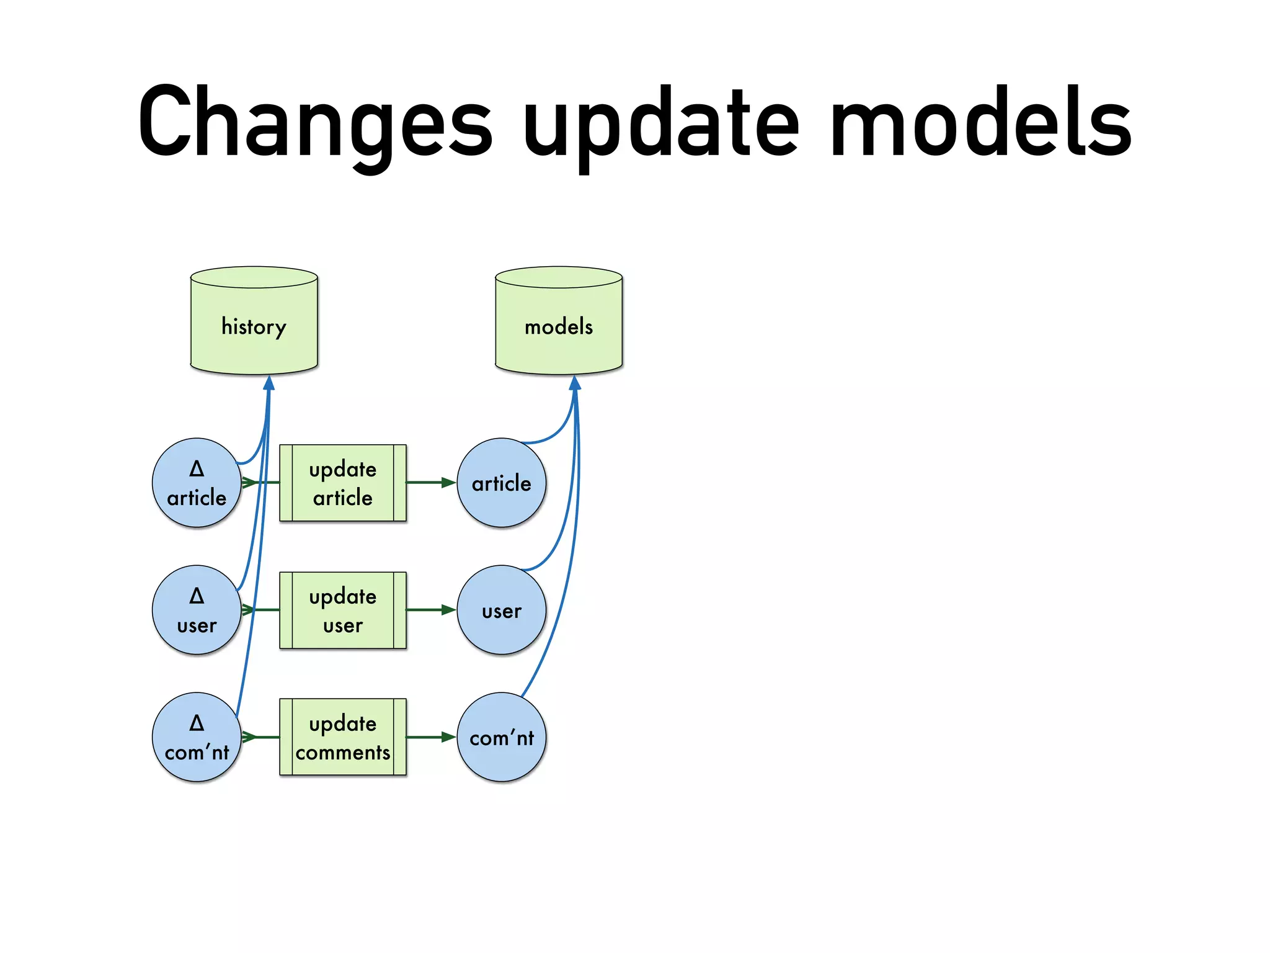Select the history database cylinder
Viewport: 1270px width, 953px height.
(254, 325)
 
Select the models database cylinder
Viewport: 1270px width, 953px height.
(559, 325)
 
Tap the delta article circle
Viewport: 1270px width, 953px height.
(197, 483)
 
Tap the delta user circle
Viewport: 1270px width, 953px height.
(197, 610)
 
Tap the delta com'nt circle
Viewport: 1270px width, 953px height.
(197, 737)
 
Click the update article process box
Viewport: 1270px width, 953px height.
(343, 483)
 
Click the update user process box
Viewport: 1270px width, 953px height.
(343, 610)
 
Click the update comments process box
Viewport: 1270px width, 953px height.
(343, 737)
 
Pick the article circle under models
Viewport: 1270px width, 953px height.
(502, 483)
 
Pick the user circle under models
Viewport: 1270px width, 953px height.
(502, 610)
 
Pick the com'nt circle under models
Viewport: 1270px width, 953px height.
(502, 737)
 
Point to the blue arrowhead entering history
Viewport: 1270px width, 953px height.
(269, 383)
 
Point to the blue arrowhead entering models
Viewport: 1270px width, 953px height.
(575, 383)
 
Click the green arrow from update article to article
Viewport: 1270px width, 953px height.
(431, 483)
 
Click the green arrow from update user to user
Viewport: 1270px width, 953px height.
(431, 610)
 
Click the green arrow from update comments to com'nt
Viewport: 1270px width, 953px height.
(431, 737)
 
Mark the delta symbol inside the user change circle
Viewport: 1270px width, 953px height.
(197, 596)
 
